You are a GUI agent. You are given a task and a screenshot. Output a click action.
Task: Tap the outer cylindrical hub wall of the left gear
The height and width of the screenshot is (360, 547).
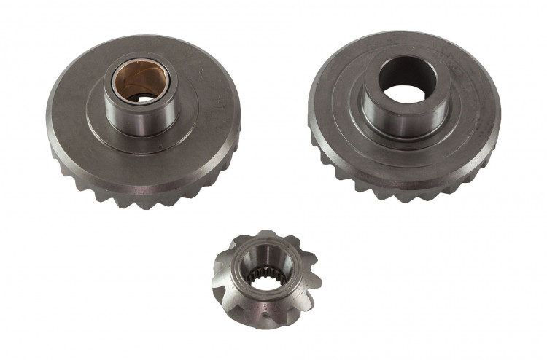pyautogui.click(x=139, y=117)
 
